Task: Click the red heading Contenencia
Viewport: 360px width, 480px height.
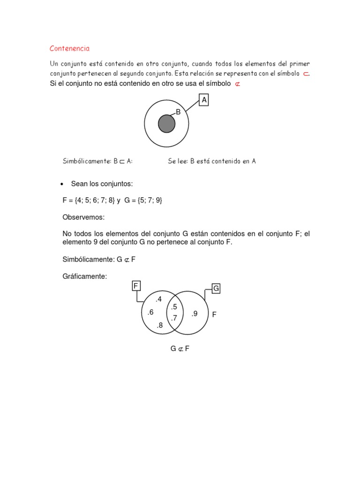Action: (69, 48)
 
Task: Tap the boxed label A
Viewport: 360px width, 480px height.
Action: (204, 100)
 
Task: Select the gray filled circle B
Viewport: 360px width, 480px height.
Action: (166, 124)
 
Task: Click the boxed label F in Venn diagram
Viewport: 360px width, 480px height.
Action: (136, 286)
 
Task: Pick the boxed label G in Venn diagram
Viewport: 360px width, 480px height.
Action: (216, 289)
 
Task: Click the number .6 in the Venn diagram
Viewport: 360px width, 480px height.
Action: (150, 313)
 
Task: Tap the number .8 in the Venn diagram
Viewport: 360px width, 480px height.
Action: (159, 325)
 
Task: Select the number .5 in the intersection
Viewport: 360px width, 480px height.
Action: (174, 307)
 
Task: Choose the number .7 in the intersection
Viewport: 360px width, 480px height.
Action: (173, 318)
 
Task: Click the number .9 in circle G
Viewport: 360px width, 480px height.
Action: (195, 314)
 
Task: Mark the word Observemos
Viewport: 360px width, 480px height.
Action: (83, 217)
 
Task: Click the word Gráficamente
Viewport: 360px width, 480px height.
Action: (85, 277)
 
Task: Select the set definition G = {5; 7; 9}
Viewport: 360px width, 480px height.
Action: (143, 200)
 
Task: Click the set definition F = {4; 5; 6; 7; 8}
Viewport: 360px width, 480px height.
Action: (89, 200)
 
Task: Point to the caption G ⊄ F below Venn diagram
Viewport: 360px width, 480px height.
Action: (180, 348)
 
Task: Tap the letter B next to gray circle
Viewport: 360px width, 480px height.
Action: (178, 112)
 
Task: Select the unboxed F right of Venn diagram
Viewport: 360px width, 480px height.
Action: (214, 315)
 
